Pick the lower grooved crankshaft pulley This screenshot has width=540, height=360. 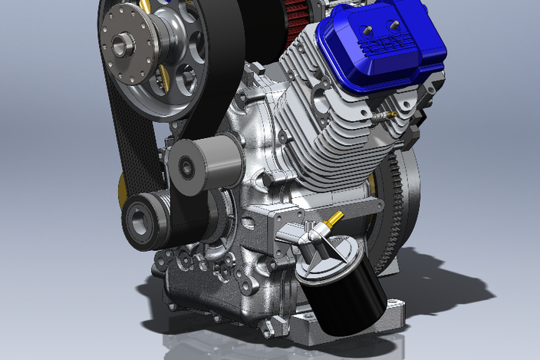pyautogui.click(x=144, y=221)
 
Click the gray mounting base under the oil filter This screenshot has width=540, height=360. pyautogui.click(x=391, y=322)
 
